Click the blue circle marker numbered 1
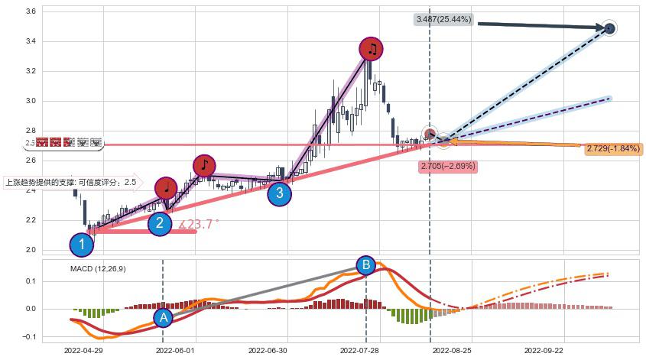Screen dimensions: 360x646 tap(82, 245)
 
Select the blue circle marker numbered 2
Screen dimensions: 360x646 tap(159, 223)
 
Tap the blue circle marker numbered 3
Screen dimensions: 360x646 tap(279, 193)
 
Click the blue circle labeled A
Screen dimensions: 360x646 tap(163, 318)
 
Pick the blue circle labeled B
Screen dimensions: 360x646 tap(366, 265)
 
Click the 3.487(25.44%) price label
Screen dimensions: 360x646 tap(444, 19)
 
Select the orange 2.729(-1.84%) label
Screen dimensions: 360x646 tap(612, 148)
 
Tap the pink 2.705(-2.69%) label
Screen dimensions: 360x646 tap(448, 165)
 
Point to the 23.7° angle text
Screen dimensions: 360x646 tap(200, 224)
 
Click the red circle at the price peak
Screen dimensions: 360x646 tap(372, 49)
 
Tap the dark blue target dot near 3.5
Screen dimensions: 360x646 tap(609, 28)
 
